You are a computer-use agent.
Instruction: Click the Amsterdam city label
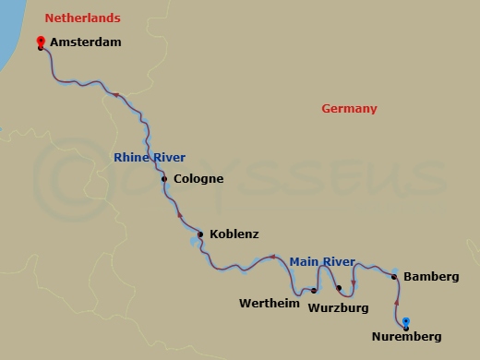[88, 42]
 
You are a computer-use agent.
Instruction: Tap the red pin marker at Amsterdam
[41, 41]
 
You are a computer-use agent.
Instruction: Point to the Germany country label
[349, 109]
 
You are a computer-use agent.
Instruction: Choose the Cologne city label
[198, 178]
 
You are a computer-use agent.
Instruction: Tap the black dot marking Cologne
[164, 179]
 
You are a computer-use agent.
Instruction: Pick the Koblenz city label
[233, 234]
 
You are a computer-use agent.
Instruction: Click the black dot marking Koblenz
[200, 234]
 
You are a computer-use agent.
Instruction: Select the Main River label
[323, 261]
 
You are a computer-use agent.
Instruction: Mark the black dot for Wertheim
[314, 290]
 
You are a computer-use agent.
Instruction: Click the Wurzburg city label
[339, 307]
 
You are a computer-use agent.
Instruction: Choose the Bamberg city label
[431, 276]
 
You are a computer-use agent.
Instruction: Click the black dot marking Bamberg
[394, 275]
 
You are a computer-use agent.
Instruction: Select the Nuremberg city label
[406, 338]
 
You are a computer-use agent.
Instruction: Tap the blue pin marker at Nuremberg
[406, 322]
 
